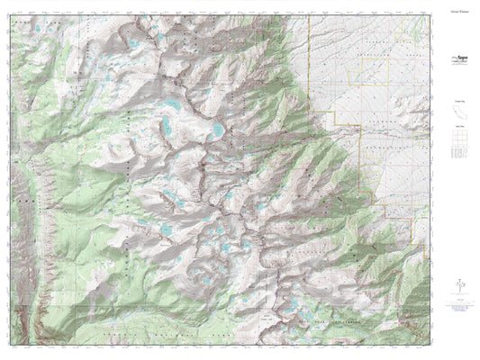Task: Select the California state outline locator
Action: (x=459, y=112)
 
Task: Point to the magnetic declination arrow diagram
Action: (x=459, y=286)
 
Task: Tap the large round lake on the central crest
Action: (x=218, y=131)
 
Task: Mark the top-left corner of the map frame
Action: (x=14, y=16)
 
